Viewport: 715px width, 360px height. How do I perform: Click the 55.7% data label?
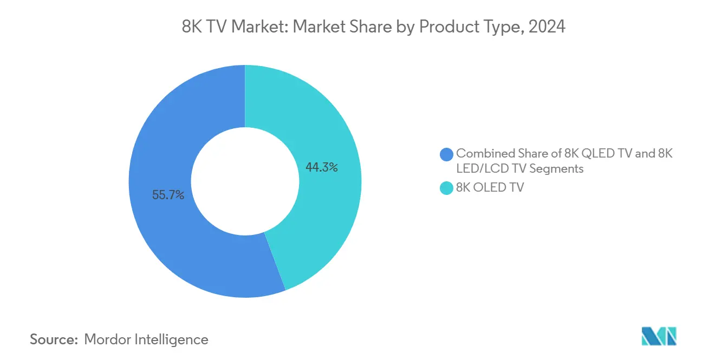click(168, 195)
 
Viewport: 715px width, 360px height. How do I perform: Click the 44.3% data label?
click(322, 168)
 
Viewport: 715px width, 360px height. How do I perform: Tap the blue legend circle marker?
click(447, 154)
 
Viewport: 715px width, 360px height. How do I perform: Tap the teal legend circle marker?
click(447, 188)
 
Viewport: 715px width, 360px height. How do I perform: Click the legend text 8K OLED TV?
click(490, 188)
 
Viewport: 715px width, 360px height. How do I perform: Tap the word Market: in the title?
click(260, 27)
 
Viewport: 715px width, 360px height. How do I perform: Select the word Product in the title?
click(446, 27)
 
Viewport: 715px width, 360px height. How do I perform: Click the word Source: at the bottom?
click(54, 339)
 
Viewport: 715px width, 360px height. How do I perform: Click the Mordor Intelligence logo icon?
click(659, 336)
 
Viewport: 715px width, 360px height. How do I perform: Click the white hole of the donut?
click(245, 182)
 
